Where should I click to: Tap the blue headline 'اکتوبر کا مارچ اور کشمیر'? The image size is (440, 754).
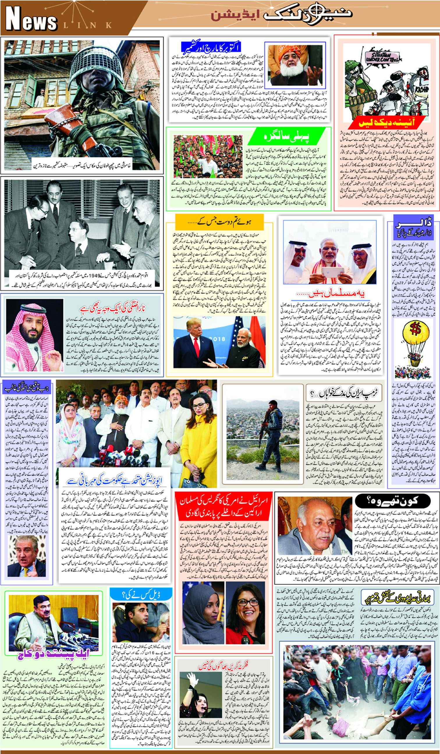point(211,47)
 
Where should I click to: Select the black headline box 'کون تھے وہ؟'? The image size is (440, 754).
point(392,501)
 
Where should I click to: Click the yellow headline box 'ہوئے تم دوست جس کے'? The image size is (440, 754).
point(219,222)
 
